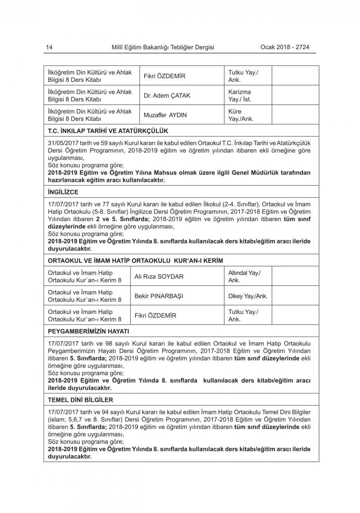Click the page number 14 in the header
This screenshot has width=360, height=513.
(49, 47)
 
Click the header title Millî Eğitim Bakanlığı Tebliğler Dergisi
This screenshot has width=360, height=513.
(163, 47)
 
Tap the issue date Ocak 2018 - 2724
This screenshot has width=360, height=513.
(284, 47)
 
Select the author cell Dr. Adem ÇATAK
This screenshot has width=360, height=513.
(167, 96)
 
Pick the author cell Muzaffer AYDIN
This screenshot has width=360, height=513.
(165, 115)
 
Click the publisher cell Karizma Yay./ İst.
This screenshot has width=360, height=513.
(240, 96)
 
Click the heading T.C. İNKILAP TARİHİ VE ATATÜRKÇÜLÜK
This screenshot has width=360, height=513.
(108, 131)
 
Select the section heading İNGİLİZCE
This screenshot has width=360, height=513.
(63, 192)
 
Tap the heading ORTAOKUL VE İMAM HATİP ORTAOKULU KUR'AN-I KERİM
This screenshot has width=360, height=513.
(135, 260)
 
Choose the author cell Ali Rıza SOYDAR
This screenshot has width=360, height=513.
(159, 277)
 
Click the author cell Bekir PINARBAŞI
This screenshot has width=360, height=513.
(159, 296)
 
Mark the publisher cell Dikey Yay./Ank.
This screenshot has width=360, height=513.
(248, 296)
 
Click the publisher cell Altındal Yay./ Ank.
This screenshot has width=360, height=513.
(244, 277)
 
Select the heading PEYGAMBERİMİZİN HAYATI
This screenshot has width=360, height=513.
(89, 331)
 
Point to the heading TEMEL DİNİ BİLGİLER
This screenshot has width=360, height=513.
(80, 400)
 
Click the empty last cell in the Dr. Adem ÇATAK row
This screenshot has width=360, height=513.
(295, 96)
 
